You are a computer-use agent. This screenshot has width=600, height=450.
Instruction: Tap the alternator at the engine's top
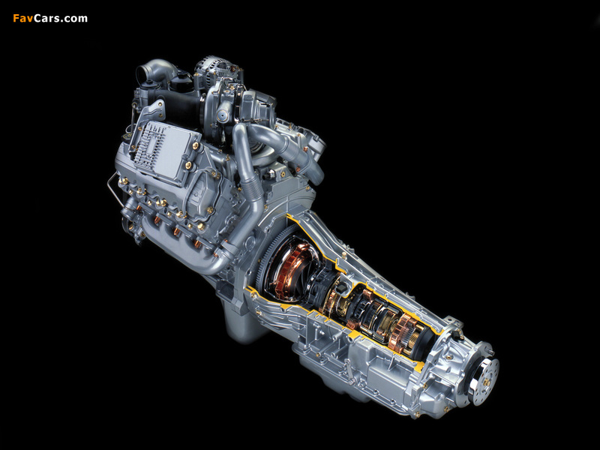point(211,70)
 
